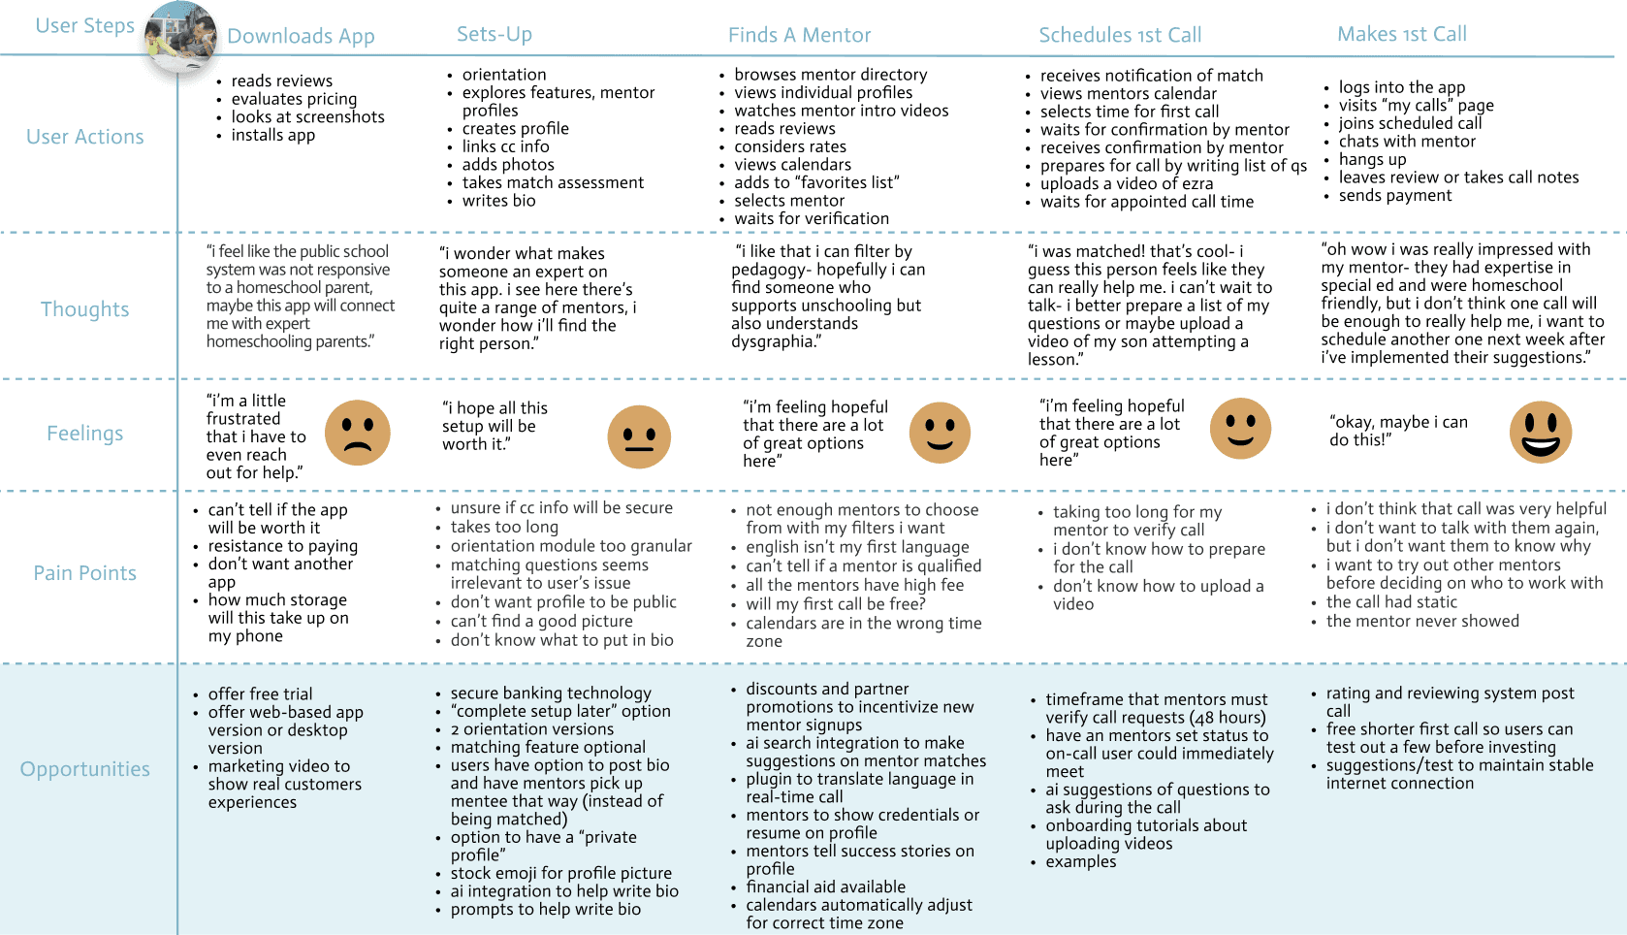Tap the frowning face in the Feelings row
(x=358, y=433)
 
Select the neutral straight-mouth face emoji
(x=639, y=436)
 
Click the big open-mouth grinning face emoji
(x=1541, y=433)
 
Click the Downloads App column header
(x=301, y=36)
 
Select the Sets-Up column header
(x=494, y=34)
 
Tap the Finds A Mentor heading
(x=799, y=35)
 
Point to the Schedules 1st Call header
(x=1120, y=35)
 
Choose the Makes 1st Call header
(x=1402, y=33)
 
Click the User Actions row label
(x=85, y=137)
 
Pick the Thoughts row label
(x=85, y=309)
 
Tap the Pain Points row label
(x=85, y=573)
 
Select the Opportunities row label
(x=85, y=768)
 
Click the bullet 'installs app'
(x=273, y=135)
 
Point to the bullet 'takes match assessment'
(x=553, y=182)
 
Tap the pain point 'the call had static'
(x=1391, y=601)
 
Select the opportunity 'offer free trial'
(x=260, y=693)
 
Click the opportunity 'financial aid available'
(x=826, y=887)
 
